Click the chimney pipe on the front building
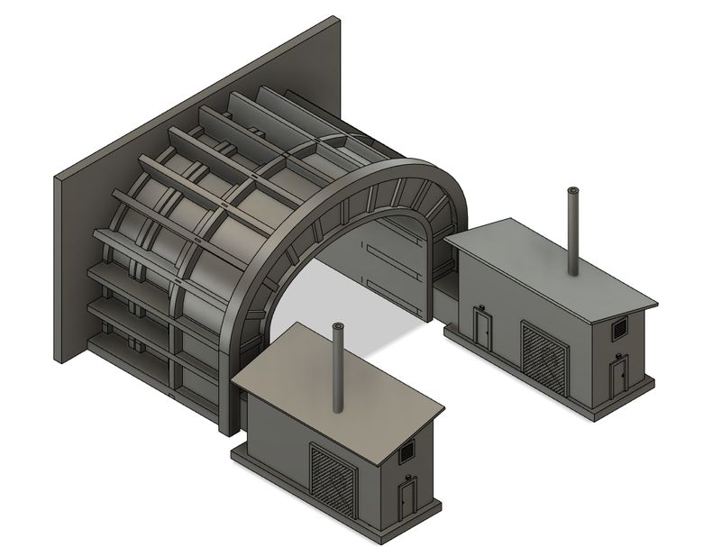click(x=339, y=369)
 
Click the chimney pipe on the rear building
click(x=571, y=234)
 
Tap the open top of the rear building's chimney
click(x=571, y=191)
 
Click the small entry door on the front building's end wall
click(x=406, y=501)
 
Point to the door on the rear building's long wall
click(x=483, y=329)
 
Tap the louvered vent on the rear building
click(x=620, y=330)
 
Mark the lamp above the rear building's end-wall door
click(x=618, y=355)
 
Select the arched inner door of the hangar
click(x=397, y=261)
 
